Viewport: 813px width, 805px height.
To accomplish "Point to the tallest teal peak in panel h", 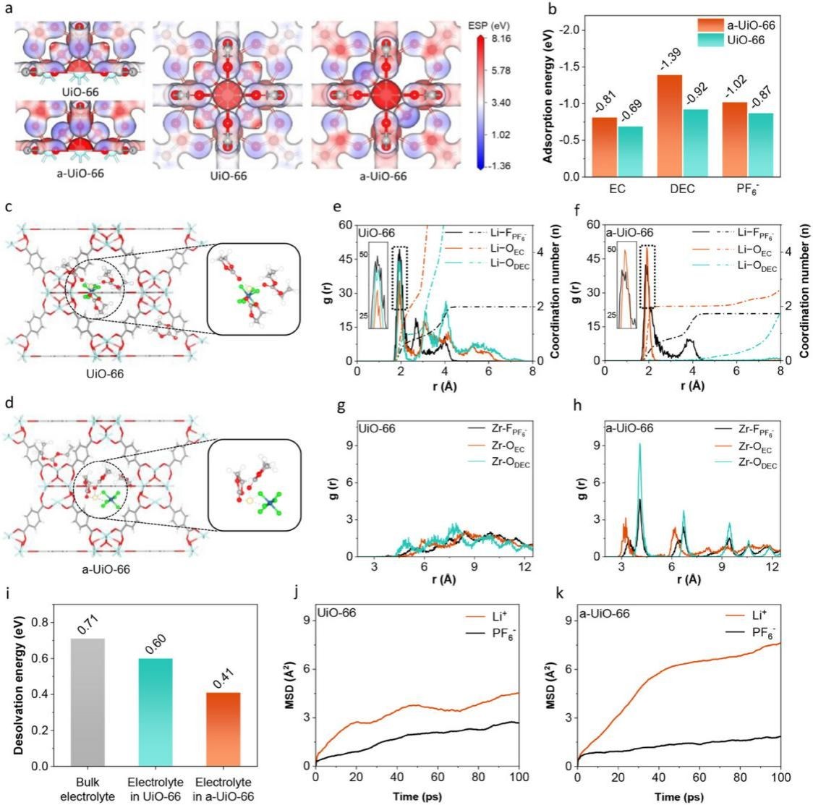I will coord(639,445).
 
